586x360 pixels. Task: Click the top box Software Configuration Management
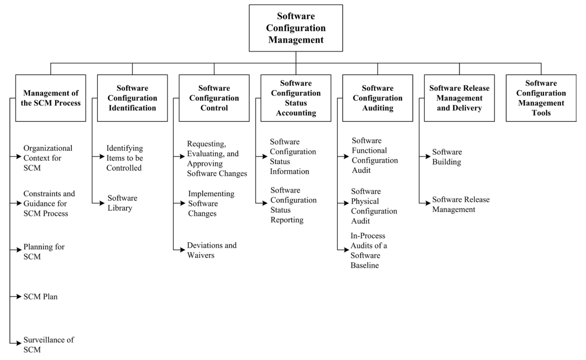click(x=296, y=28)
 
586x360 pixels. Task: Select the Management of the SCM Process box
click(x=51, y=98)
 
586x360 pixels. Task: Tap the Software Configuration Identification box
click(x=132, y=98)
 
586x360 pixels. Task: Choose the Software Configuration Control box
click(x=214, y=98)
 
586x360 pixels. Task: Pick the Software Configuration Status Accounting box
click(x=296, y=98)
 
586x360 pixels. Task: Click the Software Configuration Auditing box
click(x=378, y=98)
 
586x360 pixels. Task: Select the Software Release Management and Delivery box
click(x=459, y=98)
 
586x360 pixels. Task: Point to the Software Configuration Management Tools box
click(x=541, y=98)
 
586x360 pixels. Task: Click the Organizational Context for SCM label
click(x=48, y=158)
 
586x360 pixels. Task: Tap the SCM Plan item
click(x=40, y=297)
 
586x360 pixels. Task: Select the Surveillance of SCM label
click(x=48, y=344)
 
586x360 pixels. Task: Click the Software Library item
click(x=122, y=203)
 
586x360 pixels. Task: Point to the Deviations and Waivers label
click(x=212, y=250)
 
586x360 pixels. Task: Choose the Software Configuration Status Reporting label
click(x=293, y=205)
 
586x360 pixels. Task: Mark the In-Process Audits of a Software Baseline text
click(x=369, y=250)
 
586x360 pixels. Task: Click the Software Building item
click(x=446, y=157)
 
